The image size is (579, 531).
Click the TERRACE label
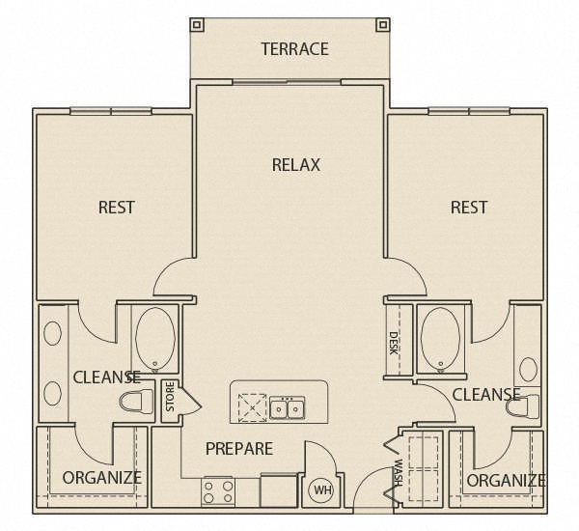click(x=294, y=49)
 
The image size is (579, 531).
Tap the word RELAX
click(x=296, y=165)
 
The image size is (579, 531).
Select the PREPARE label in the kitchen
click(x=239, y=449)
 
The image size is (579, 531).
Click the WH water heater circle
click(x=320, y=490)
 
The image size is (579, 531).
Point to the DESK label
click(x=394, y=344)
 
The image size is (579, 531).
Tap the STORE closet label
click(x=170, y=397)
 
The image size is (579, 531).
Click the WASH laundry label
click(x=398, y=473)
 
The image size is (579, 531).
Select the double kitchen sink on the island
click(x=288, y=407)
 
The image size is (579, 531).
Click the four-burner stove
click(x=218, y=491)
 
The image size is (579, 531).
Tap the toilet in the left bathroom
click(x=136, y=402)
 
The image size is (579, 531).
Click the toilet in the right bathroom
click(x=523, y=406)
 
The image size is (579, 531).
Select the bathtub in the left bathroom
click(x=155, y=339)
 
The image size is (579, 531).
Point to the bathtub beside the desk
click(x=440, y=339)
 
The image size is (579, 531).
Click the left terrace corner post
click(x=197, y=25)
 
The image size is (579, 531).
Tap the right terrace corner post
click(x=382, y=25)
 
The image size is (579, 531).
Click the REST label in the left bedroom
click(x=117, y=208)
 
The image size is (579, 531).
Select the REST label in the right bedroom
click(x=469, y=208)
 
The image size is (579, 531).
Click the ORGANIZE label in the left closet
click(x=102, y=478)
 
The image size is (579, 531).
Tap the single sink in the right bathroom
click(x=529, y=370)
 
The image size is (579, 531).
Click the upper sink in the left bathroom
click(x=52, y=333)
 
